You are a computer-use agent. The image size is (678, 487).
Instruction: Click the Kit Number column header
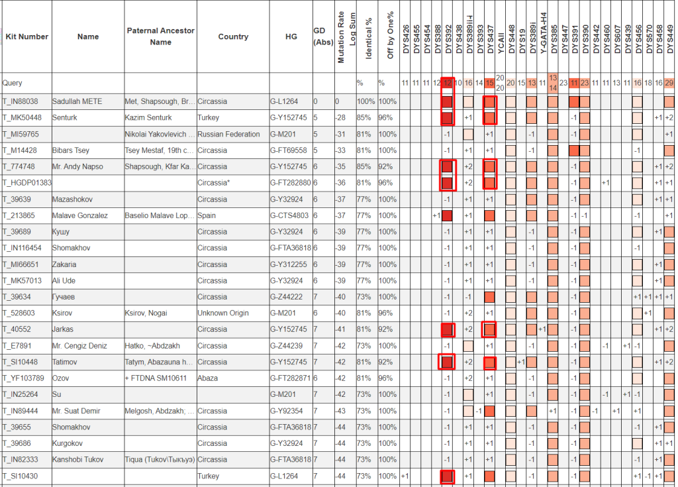[26, 37]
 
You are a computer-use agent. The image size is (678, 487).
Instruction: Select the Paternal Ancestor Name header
[160, 36]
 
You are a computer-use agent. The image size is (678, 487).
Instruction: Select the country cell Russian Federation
[228, 135]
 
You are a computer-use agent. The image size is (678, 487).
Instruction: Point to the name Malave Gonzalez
[80, 215]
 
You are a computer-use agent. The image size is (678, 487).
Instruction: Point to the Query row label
[13, 83]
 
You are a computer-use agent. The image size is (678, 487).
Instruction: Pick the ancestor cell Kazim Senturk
[149, 118]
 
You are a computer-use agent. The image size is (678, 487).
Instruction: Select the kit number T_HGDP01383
[27, 183]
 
